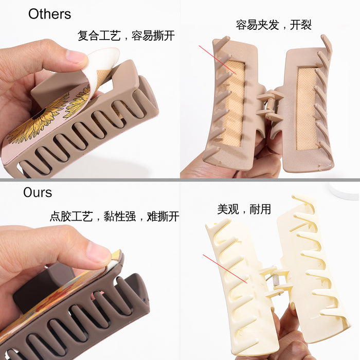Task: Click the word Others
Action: click(49, 14)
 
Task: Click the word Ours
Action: click(38, 193)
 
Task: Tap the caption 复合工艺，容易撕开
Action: click(126, 35)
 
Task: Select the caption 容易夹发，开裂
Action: click(274, 25)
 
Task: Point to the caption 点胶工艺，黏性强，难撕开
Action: click(114, 217)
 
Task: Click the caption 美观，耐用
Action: click(244, 209)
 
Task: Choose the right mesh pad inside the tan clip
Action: click(308, 109)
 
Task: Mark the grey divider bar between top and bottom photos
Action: click(180, 179)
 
